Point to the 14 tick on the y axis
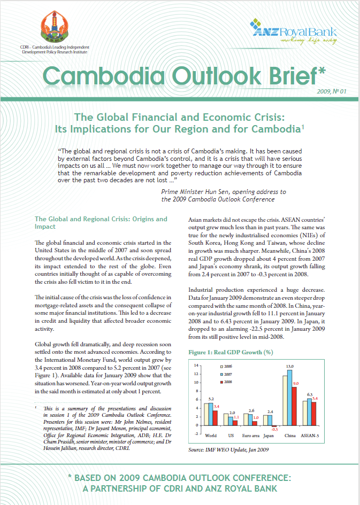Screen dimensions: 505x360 [x=196, y=366]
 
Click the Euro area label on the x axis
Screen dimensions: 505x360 [x=251, y=436]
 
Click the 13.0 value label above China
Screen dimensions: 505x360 [x=289, y=367]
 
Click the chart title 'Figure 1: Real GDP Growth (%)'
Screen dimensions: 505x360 [x=231, y=353]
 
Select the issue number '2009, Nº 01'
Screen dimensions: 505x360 [x=331, y=91]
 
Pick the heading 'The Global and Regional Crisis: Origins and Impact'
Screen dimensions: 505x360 [x=101, y=223]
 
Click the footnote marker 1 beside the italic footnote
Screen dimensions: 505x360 [x=36, y=407]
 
